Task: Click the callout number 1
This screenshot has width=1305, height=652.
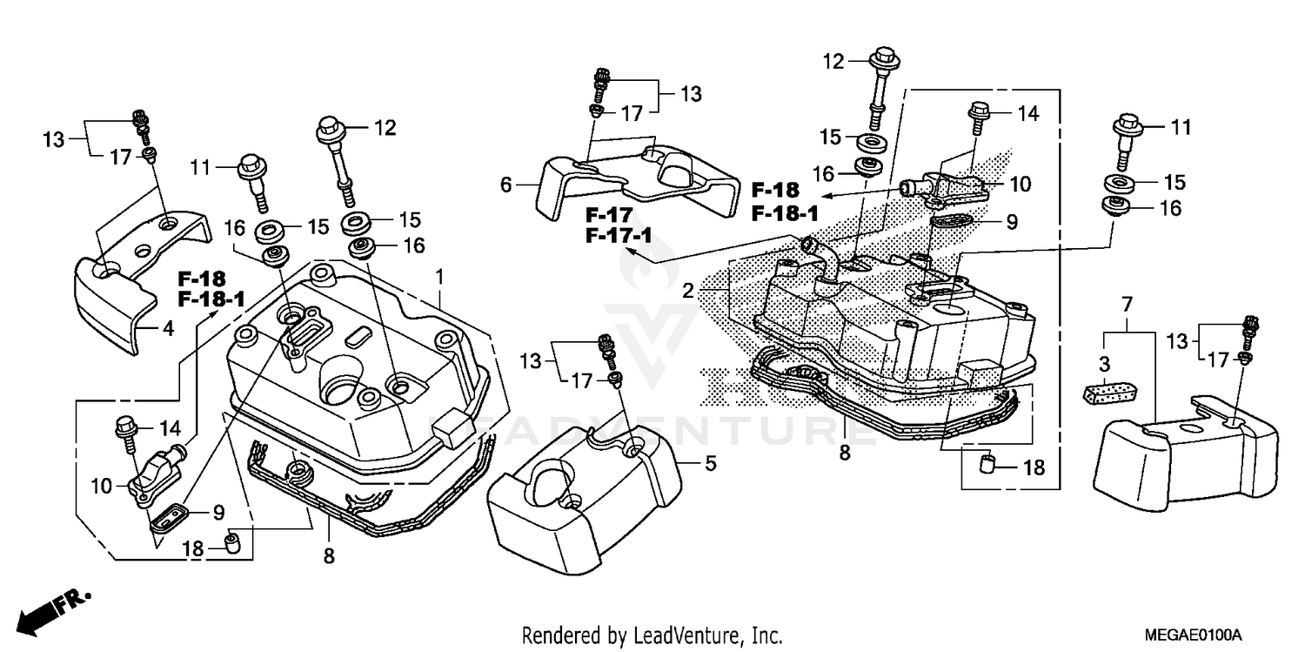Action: pos(440,277)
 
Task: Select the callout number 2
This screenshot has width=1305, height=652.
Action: pos(688,292)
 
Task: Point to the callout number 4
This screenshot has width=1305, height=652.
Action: pos(168,329)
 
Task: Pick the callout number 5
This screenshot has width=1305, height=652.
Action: pos(711,464)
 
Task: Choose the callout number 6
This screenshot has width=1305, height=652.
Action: pos(506,185)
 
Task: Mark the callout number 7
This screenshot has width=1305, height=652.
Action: pos(1127,305)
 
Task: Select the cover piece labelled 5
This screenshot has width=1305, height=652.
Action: pos(583,492)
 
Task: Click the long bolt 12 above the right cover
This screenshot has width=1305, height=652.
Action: pos(876,87)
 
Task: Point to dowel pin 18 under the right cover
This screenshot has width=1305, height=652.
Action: pos(988,465)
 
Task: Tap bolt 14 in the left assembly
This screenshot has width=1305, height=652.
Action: pos(125,432)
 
